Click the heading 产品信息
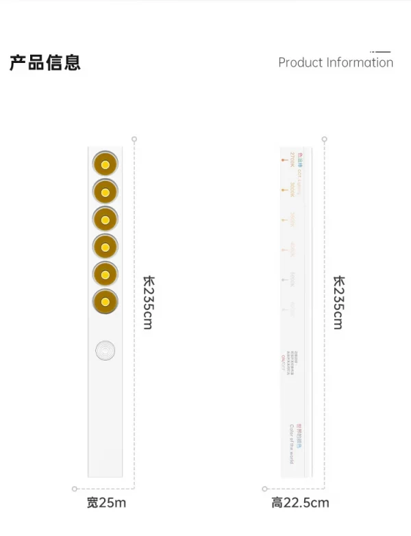point(45,62)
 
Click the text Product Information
point(336,62)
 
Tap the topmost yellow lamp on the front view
point(105,165)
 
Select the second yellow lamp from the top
point(105,192)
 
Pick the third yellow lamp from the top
point(105,220)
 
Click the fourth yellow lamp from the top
point(105,247)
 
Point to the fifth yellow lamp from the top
point(105,275)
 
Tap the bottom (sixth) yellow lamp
point(105,301)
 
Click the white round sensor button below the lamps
point(105,350)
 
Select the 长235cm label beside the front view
point(148,302)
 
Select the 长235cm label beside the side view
point(338,302)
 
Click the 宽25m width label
point(106,503)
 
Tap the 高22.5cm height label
point(300,503)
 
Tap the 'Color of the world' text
point(292,444)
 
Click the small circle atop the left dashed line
point(134,139)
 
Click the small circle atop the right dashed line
point(325,139)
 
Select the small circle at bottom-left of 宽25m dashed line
point(75,489)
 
